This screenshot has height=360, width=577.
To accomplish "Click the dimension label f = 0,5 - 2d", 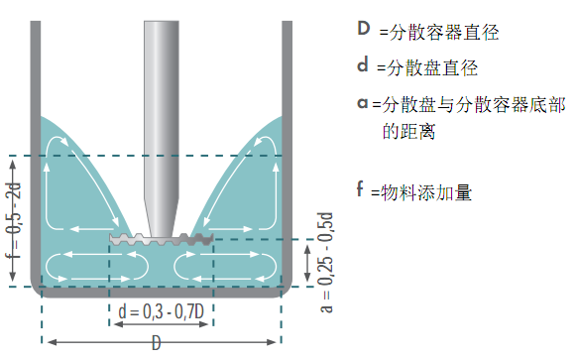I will tap(12, 220).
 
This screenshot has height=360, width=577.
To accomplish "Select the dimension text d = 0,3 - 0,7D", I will tap(161, 312).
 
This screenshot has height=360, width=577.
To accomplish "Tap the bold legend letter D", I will tap(364, 29).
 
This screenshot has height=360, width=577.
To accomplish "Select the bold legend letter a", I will tap(363, 102).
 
